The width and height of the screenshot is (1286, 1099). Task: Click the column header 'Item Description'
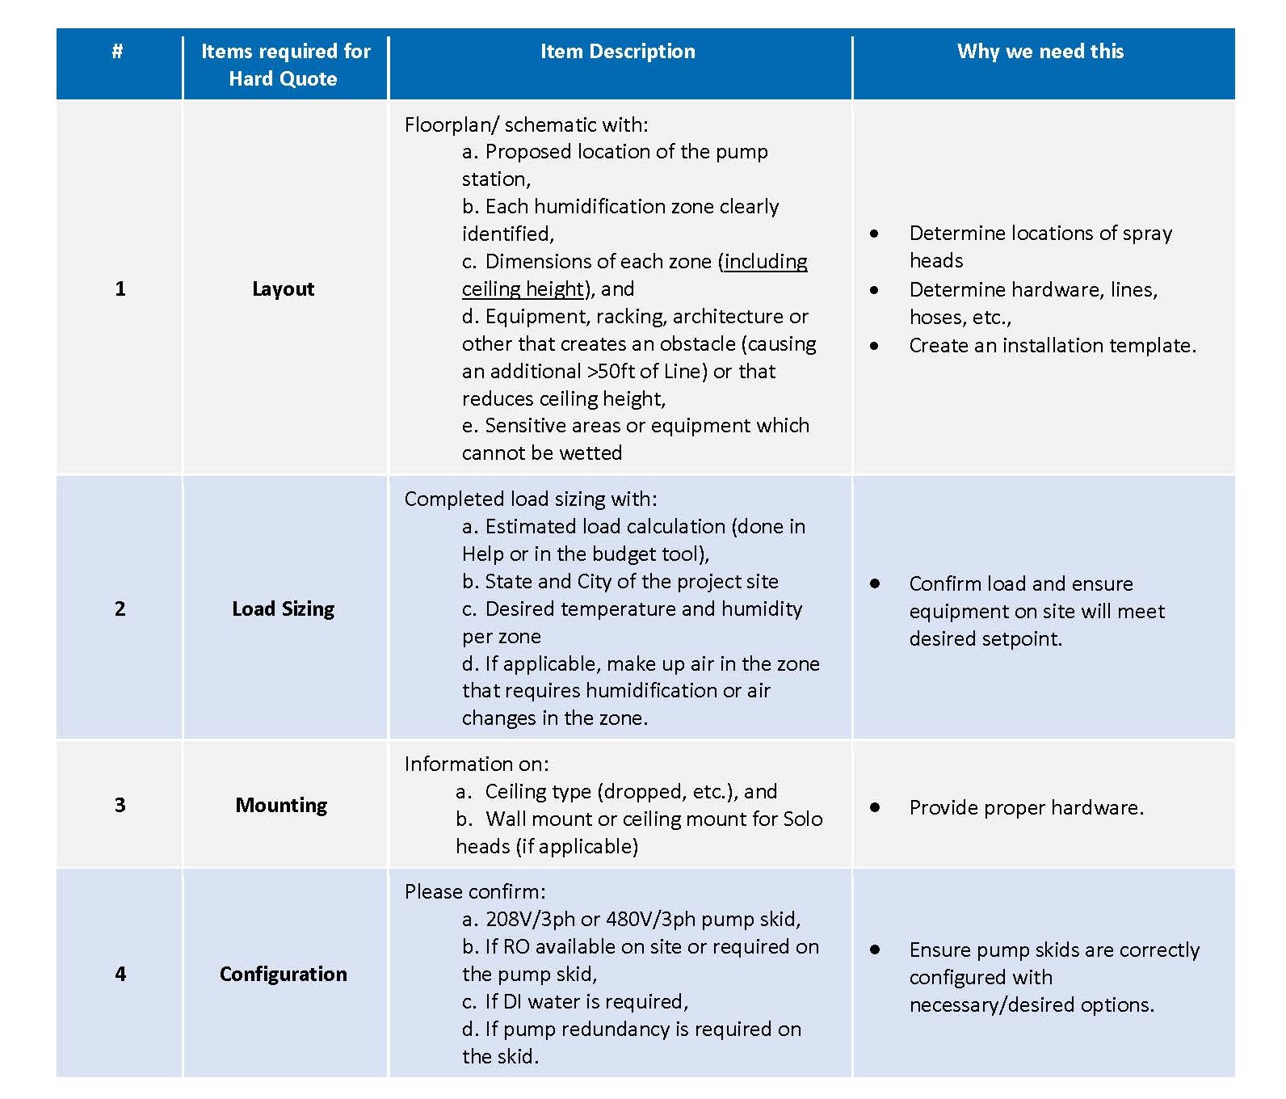click(x=617, y=52)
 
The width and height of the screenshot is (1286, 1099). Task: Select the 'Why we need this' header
click(x=1040, y=52)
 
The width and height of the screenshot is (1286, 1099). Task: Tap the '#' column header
click(x=118, y=52)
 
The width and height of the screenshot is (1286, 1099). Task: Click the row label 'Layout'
click(x=283, y=289)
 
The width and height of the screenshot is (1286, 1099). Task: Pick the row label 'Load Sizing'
click(x=283, y=609)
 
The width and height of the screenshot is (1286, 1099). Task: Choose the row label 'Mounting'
click(x=281, y=806)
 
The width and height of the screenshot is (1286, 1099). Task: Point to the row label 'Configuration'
click(x=283, y=975)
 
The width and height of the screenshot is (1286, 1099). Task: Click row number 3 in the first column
click(x=120, y=806)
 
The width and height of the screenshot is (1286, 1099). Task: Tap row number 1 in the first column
click(x=120, y=289)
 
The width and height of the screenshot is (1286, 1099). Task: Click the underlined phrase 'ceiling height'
click(x=522, y=289)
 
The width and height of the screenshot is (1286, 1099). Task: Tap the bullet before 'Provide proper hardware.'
click(x=874, y=807)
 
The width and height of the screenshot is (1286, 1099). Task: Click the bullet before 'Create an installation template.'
click(x=874, y=346)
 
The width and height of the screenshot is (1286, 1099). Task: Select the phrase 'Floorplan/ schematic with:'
click(x=526, y=125)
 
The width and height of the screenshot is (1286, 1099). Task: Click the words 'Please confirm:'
click(x=475, y=892)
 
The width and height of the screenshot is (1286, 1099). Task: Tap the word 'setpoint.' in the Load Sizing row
click(x=1025, y=639)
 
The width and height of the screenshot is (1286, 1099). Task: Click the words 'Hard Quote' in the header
click(x=283, y=79)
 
